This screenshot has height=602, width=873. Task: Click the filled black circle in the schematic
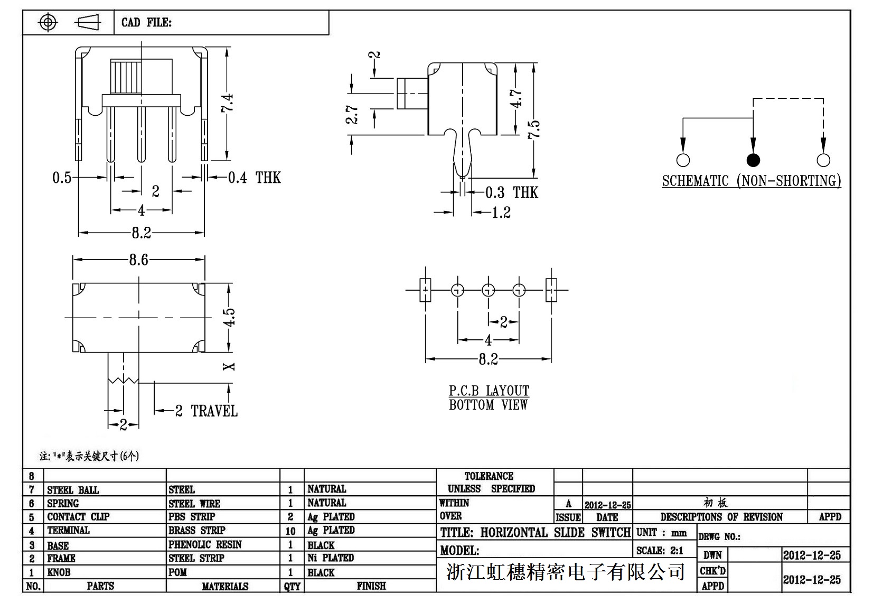point(753,160)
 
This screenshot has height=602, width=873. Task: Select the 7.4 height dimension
point(228,103)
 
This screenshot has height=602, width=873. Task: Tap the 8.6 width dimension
point(138,260)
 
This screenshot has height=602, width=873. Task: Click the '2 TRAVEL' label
point(206,411)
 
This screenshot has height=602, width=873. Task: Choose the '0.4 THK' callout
point(254,178)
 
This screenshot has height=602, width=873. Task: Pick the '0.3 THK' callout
point(511,192)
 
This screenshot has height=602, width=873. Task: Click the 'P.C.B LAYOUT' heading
point(489,391)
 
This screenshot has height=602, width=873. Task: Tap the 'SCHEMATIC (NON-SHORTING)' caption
point(751,181)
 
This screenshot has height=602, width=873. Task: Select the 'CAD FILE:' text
point(146,22)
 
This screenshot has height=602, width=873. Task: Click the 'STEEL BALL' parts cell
point(73,490)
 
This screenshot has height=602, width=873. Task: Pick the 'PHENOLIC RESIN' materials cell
point(205,544)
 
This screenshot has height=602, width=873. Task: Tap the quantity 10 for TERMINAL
point(290,531)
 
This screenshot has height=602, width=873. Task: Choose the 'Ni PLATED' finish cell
point(331,558)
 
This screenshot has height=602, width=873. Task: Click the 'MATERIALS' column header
point(225,586)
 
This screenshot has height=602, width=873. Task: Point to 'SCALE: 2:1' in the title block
point(660,550)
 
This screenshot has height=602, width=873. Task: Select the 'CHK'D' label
point(712,571)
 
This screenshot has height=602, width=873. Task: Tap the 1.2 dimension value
point(501,212)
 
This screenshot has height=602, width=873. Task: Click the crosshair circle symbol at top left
point(48,22)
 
